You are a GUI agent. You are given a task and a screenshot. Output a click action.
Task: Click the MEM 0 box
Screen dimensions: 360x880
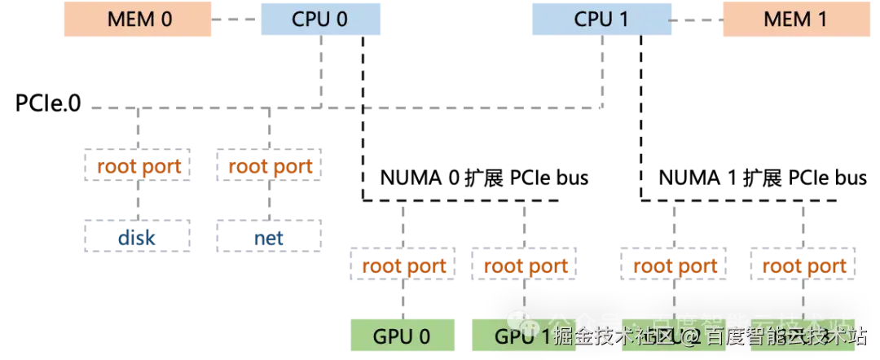(139, 19)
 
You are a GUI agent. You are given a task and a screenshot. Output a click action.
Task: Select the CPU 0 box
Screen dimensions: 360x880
(322, 19)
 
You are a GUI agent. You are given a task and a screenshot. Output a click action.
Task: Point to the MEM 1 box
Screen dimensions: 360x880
(794, 19)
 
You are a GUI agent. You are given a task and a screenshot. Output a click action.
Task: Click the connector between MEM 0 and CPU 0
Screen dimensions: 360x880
(235, 18)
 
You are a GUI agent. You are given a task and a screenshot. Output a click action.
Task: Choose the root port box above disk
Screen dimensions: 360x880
(137, 167)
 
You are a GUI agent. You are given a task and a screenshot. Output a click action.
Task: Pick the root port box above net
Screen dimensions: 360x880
(271, 167)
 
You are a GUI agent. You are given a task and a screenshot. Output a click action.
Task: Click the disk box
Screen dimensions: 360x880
(137, 237)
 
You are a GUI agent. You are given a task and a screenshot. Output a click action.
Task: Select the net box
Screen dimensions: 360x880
(271, 237)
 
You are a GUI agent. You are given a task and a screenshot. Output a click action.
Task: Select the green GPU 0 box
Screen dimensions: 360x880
(402, 335)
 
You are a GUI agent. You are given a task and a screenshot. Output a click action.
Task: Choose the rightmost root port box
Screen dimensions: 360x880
(803, 266)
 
